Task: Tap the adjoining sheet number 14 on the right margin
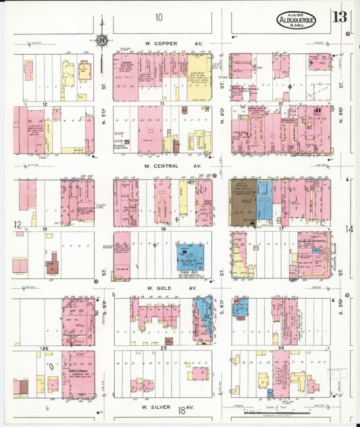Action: pos(349,230)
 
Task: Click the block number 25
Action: pos(164,348)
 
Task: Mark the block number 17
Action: pos(280,230)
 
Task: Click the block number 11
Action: pos(164,104)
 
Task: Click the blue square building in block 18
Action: pos(188,256)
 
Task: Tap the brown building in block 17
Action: pos(242,202)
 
